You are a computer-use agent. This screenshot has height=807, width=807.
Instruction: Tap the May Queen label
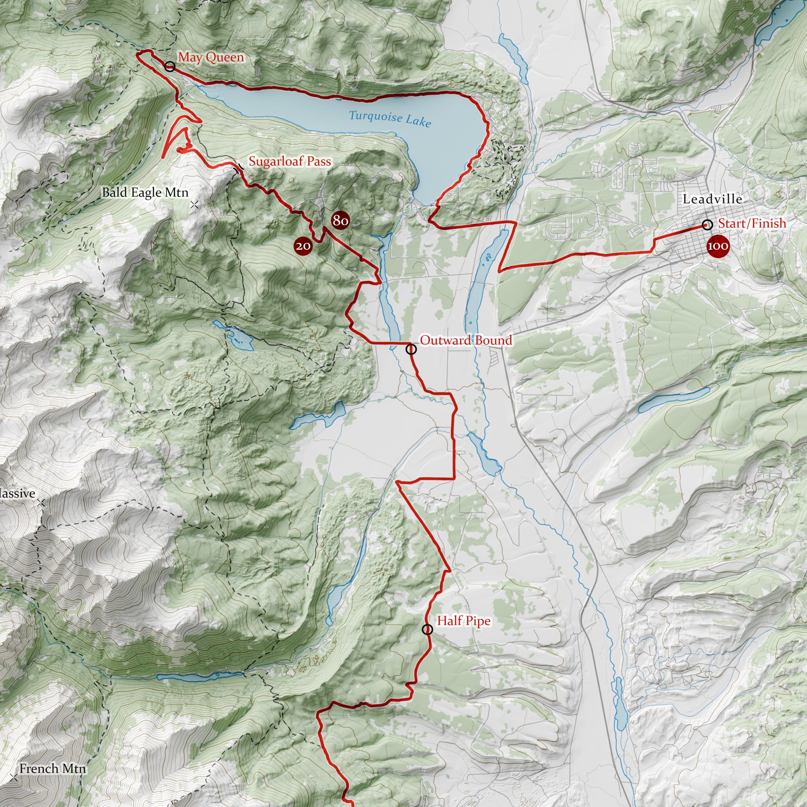coord(211,57)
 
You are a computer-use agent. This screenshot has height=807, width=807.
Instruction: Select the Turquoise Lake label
coord(389,118)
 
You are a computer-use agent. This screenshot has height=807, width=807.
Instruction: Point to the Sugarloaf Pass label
coord(290,161)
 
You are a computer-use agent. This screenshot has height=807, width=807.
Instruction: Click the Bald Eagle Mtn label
coord(145,192)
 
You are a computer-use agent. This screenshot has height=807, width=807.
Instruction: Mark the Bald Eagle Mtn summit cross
coord(194,205)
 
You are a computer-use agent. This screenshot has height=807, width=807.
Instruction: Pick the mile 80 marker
coord(340,220)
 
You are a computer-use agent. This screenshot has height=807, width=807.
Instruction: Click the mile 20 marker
coord(303,246)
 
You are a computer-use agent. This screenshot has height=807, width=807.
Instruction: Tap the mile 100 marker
coord(718,246)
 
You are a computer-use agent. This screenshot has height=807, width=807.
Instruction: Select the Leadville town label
coord(712,199)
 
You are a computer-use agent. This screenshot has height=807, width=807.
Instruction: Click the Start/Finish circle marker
coord(707,225)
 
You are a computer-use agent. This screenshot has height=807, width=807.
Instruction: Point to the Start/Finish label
coord(752,223)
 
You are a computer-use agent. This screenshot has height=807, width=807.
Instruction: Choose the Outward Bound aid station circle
coord(411,349)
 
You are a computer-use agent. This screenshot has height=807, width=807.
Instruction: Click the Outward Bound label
coord(466,340)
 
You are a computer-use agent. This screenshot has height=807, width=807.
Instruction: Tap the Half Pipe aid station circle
coord(427,629)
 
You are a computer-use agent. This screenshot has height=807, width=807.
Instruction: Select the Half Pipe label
coord(464,621)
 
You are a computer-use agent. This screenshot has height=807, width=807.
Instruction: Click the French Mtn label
coord(53,768)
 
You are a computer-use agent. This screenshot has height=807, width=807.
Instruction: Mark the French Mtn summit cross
coord(14,778)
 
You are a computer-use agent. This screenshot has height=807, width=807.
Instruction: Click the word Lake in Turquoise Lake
coord(418,121)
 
